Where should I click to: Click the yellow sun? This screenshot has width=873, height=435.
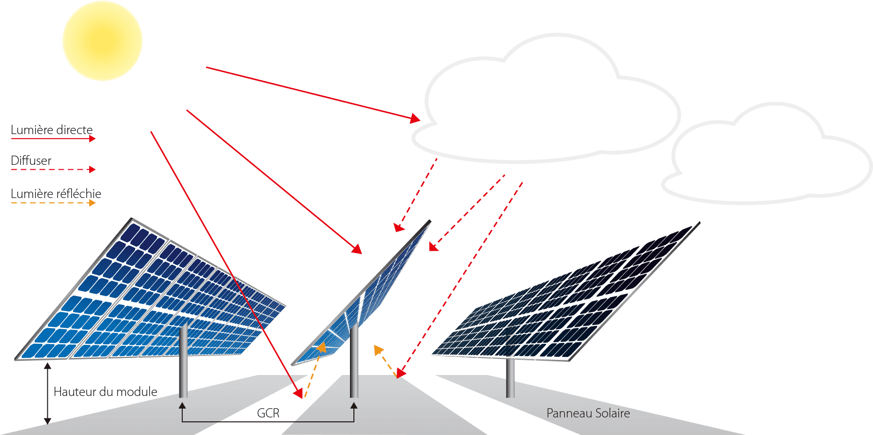102,41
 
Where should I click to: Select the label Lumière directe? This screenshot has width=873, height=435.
52,130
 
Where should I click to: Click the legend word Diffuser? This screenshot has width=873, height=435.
31,160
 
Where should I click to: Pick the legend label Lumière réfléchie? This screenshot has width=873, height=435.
56,194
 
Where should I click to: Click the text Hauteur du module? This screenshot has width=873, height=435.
105,392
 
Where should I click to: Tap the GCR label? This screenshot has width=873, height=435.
268,413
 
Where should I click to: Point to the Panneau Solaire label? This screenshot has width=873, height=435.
588,413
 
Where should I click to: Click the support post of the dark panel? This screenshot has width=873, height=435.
510,378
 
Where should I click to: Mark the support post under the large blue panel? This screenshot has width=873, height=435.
183,361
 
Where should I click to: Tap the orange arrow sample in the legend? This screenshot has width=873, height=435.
54,202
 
